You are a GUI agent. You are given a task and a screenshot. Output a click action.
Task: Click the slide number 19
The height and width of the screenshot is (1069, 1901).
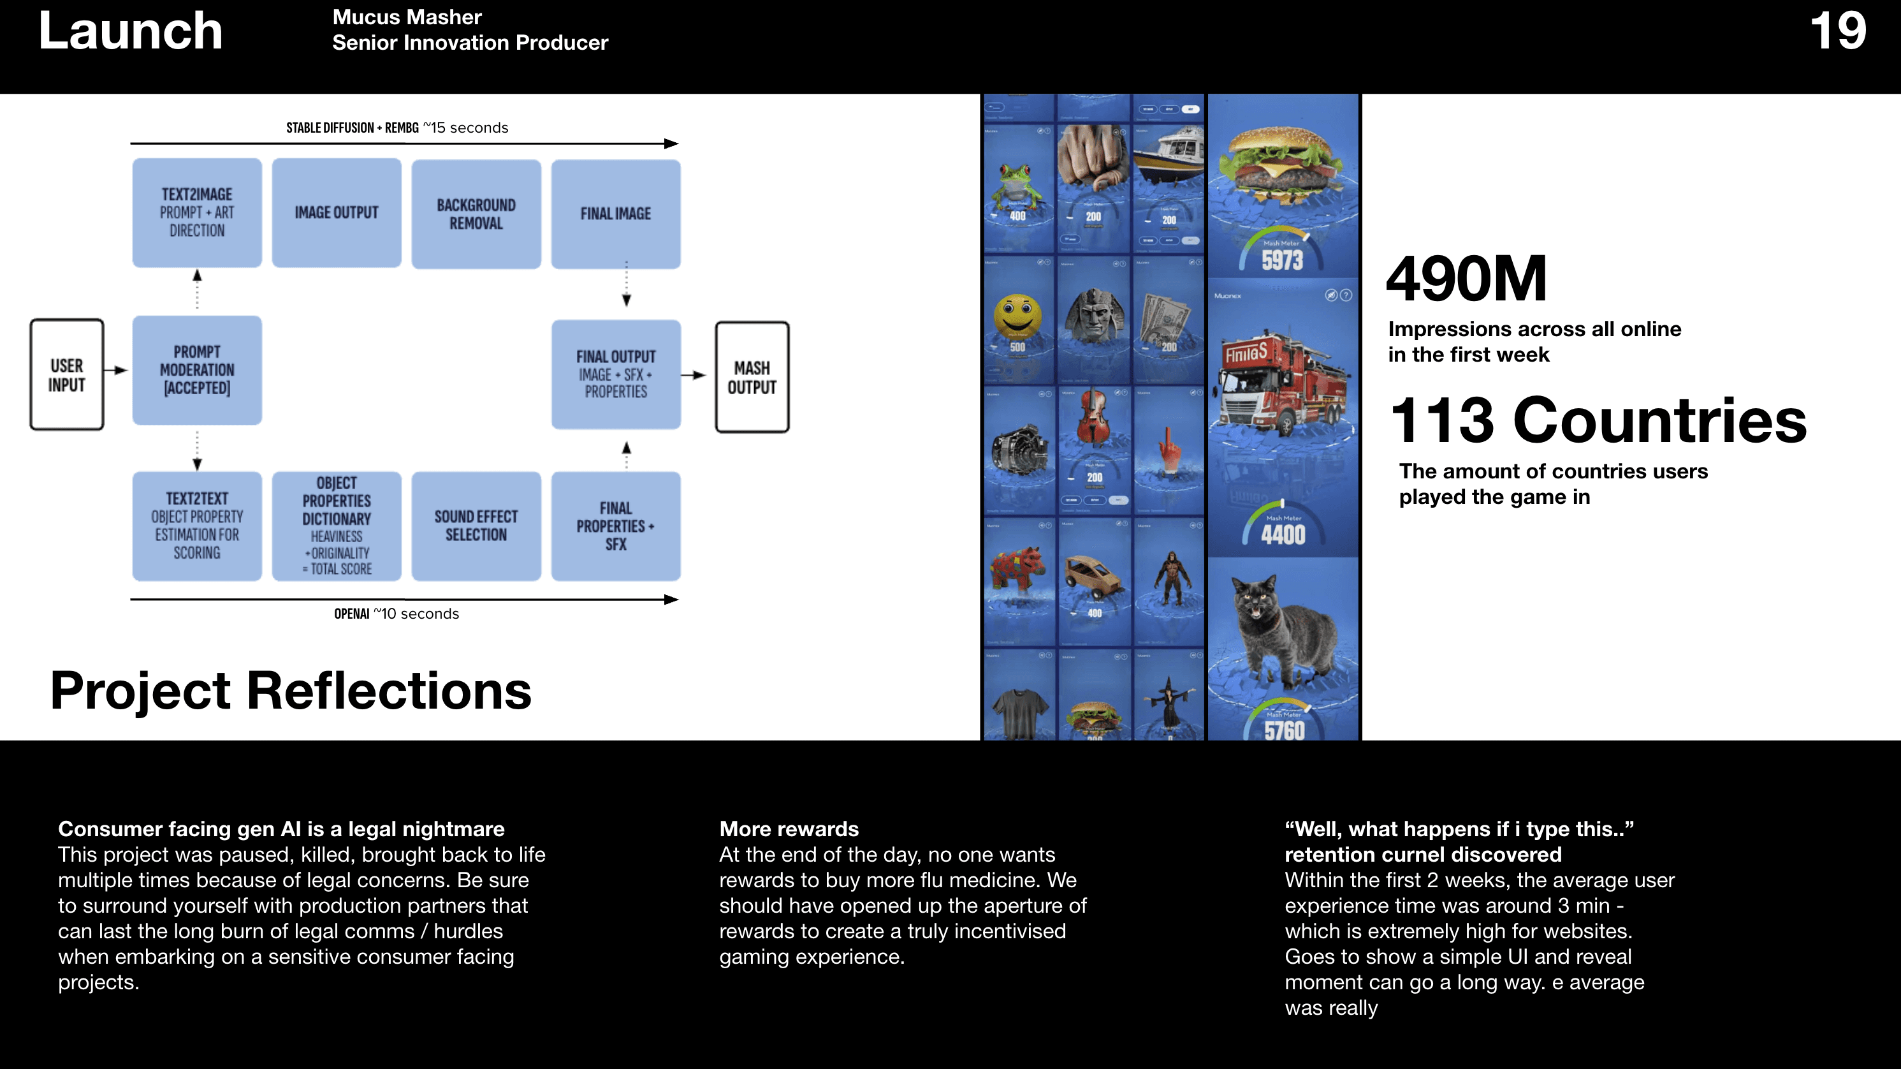pos(1837,31)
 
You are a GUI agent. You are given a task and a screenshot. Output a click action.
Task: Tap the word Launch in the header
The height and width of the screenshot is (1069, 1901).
pos(130,31)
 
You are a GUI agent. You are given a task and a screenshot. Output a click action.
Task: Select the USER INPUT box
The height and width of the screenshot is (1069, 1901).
pos(66,375)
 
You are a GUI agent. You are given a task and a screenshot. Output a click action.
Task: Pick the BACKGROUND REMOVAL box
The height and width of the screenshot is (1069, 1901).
pos(476,214)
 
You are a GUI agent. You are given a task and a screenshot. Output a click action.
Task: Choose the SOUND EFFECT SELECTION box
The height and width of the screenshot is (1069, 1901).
pos(476,526)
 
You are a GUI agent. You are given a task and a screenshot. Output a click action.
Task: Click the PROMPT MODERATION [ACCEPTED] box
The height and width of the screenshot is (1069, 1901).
pos(197,370)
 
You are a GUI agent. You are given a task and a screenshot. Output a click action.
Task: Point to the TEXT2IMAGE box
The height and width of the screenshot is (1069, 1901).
pos(197,212)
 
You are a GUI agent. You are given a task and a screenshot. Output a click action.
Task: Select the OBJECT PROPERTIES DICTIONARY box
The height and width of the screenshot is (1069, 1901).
pos(337,526)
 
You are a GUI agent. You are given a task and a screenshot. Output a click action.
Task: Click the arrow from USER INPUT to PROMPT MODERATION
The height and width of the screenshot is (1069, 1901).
pos(116,371)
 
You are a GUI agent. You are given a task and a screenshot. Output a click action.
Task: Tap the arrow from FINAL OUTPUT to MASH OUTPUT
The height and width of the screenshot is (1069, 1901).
pos(694,375)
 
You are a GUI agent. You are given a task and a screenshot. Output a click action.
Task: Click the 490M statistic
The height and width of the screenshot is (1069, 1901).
pos(1466,279)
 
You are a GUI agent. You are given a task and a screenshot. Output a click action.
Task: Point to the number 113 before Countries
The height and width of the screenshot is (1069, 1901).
pos(1442,421)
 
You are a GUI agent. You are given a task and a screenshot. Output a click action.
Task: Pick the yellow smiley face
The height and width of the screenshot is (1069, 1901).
pos(1017,316)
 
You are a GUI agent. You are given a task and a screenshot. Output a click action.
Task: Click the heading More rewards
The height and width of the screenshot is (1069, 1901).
pos(789,829)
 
